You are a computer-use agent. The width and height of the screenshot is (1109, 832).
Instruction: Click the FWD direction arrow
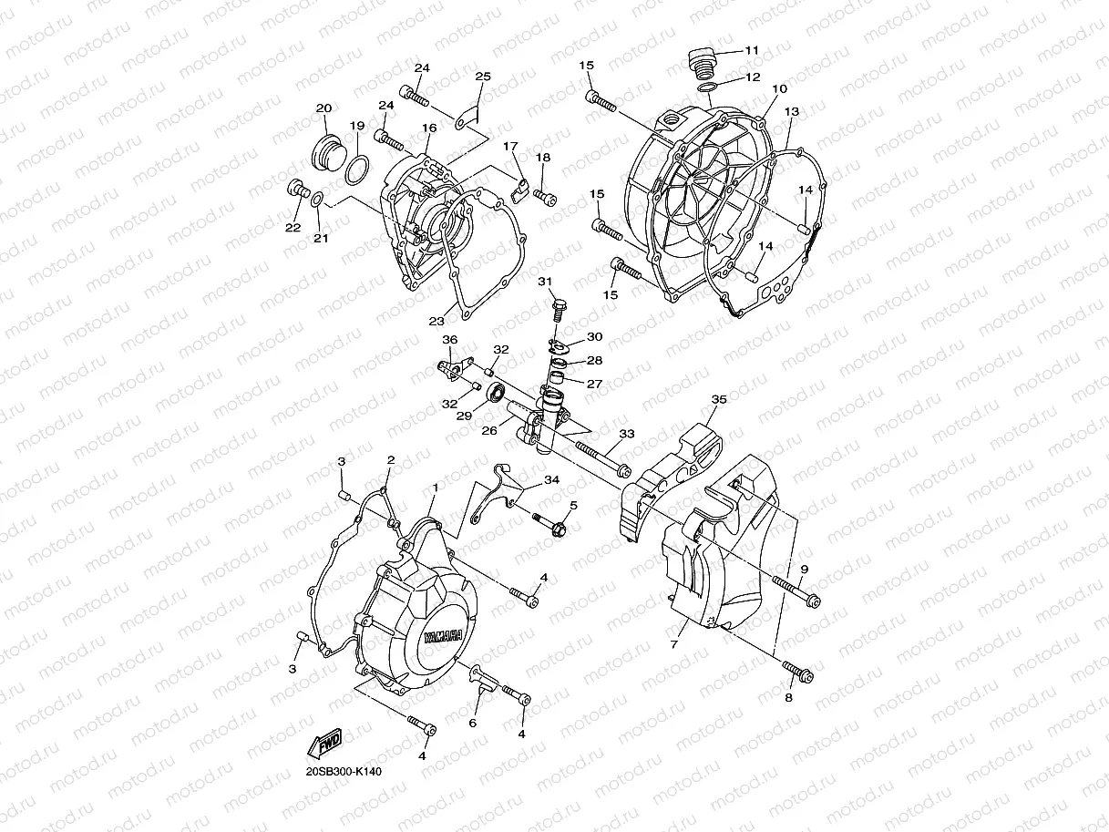click(x=324, y=744)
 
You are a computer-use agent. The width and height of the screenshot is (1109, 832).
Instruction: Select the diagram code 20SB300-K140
click(x=344, y=772)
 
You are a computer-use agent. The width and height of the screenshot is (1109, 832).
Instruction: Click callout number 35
click(x=719, y=399)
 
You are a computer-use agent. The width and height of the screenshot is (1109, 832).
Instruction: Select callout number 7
click(x=673, y=644)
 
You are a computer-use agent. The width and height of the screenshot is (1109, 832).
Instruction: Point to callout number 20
click(x=323, y=108)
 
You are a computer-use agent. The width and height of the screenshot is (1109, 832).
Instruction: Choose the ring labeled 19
click(x=359, y=166)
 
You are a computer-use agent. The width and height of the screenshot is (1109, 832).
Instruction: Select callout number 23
click(x=436, y=321)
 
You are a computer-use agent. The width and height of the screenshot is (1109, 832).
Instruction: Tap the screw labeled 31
click(x=558, y=305)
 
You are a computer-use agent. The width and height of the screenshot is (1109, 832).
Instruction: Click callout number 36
click(x=449, y=340)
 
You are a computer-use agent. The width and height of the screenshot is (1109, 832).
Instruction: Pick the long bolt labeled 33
click(x=601, y=457)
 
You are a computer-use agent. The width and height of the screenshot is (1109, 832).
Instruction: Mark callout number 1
click(x=435, y=488)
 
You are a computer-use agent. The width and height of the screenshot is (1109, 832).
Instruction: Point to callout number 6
click(x=473, y=723)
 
